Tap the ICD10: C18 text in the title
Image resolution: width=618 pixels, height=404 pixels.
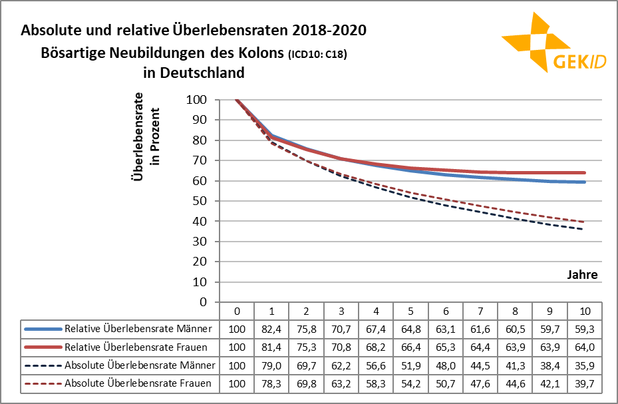pyautogui.click(x=317, y=54)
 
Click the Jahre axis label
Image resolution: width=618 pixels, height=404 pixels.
pyautogui.click(x=582, y=274)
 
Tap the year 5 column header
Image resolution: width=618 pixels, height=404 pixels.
pyautogui.click(x=410, y=311)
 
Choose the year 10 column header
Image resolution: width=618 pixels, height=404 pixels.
pyautogui.click(x=585, y=311)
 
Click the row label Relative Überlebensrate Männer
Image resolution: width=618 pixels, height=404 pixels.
pyautogui.click(x=138, y=329)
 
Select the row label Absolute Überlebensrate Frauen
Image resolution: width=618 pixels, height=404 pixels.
pyautogui.click(x=138, y=383)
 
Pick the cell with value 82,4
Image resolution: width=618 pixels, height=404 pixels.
pyautogui.click(x=271, y=329)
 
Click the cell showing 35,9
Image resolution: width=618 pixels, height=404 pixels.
pyautogui.click(x=585, y=365)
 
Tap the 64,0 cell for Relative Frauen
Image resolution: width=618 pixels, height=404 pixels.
pyautogui.click(x=585, y=347)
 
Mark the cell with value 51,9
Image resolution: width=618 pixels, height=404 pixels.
pyautogui.click(x=410, y=365)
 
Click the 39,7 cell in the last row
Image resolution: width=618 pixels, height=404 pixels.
pyautogui.click(x=585, y=383)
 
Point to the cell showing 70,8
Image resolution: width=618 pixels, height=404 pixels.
pyautogui.click(x=341, y=347)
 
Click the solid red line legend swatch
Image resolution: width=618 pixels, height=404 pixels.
pyautogui.click(x=43, y=347)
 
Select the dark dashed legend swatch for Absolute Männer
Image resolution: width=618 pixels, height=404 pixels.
pyautogui.click(x=43, y=365)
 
